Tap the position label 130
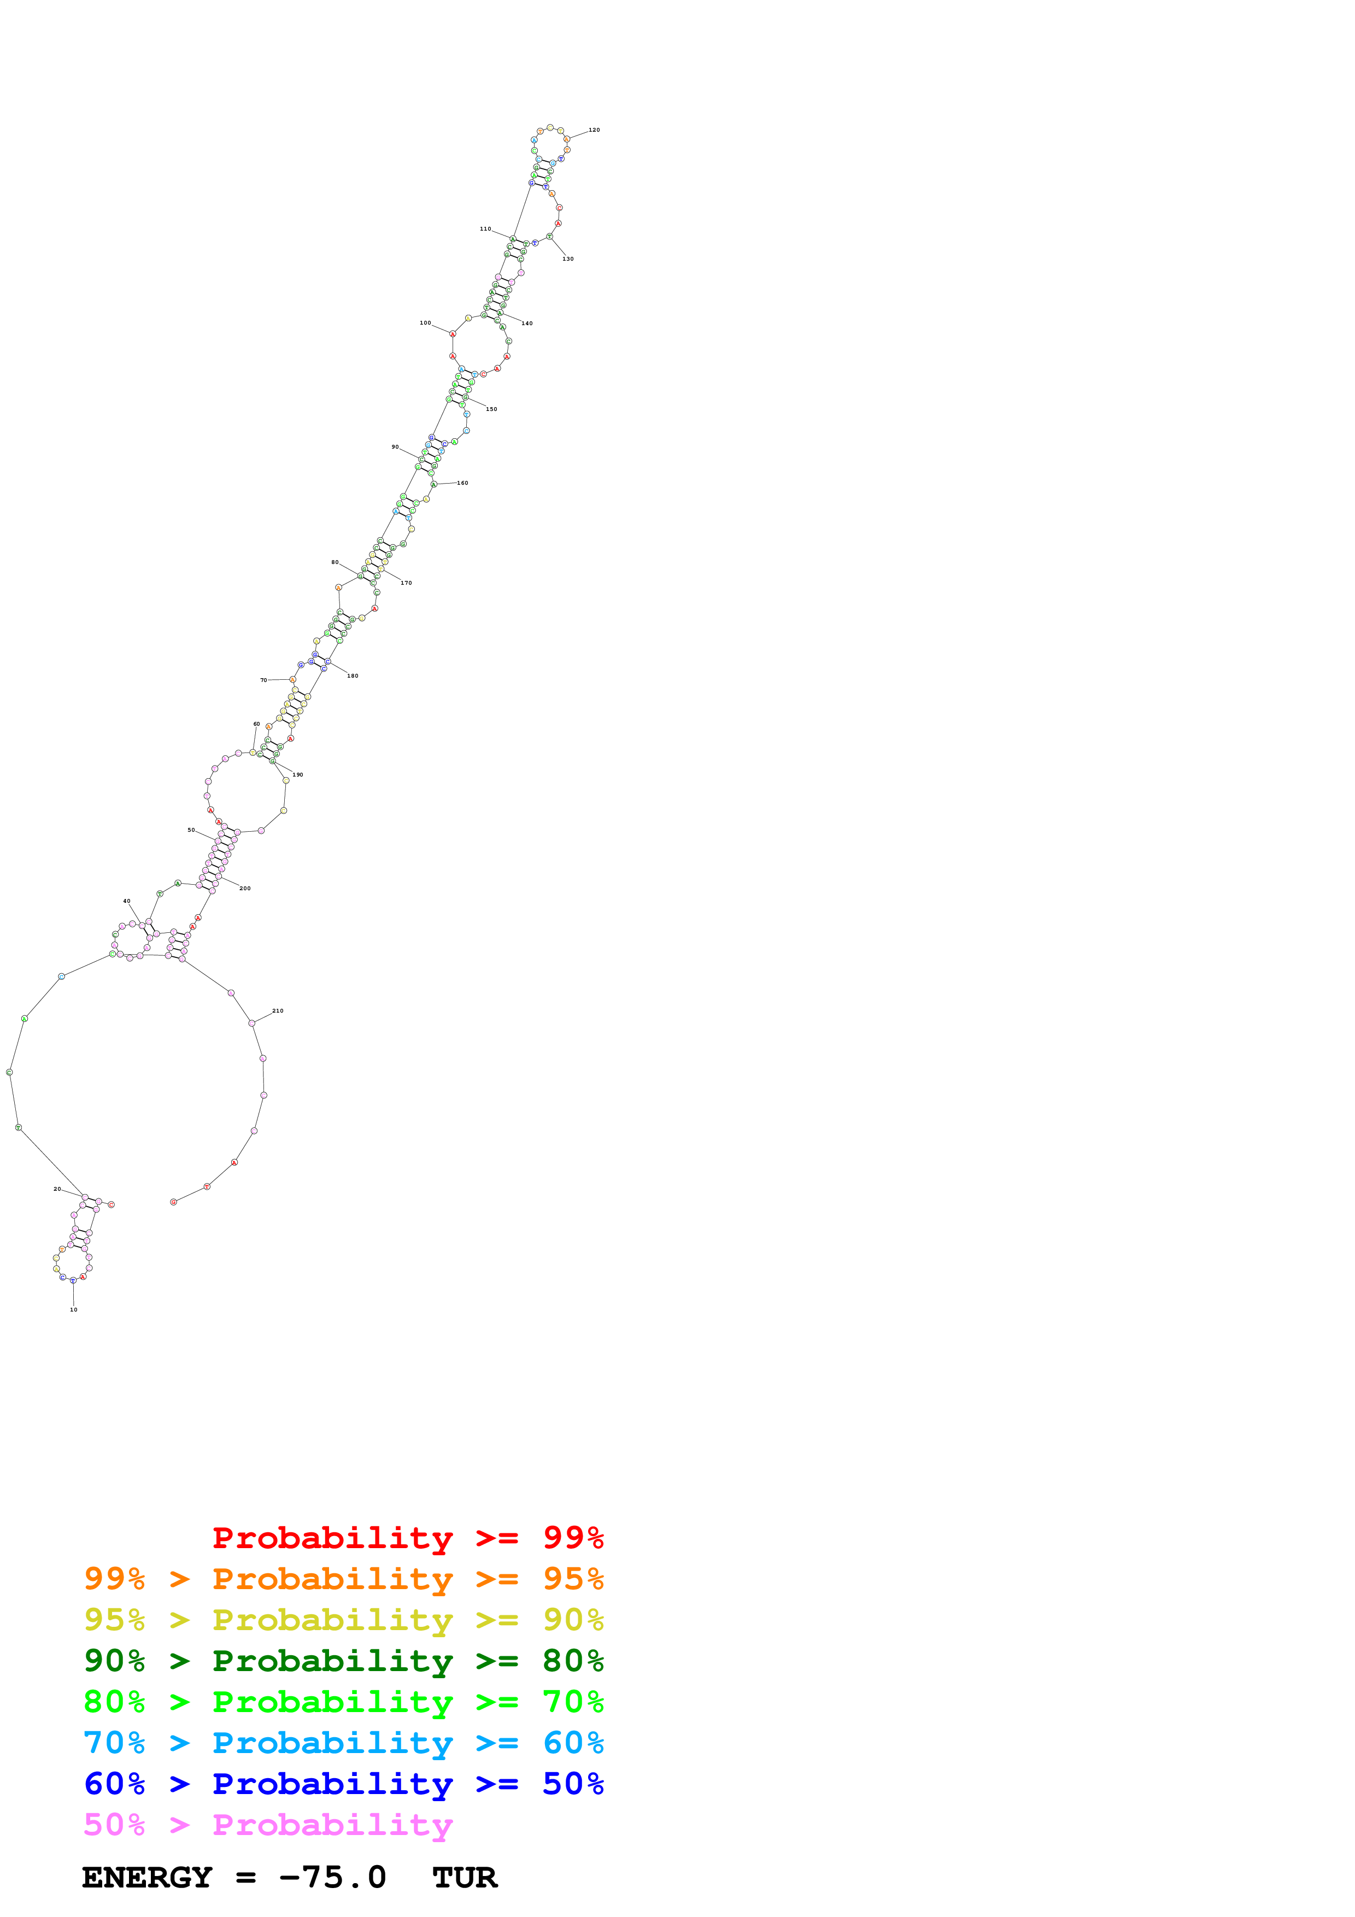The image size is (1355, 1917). click(568, 259)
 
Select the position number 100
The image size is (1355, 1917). click(425, 323)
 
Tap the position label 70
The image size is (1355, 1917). click(264, 680)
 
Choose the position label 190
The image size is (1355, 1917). click(297, 775)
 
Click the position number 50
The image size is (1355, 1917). click(191, 831)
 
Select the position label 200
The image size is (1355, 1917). click(245, 889)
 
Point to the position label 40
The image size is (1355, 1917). click(127, 902)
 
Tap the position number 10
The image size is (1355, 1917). click(73, 1310)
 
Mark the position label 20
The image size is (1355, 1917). click(57, 1190)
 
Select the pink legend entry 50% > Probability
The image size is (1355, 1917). click(267, 1825)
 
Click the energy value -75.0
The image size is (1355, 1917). click(332, 1878)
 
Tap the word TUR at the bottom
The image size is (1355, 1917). click(464, 1878)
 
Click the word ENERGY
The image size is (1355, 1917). click(147, 1878)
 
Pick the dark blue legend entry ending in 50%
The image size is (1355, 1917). click(343, 1784)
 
